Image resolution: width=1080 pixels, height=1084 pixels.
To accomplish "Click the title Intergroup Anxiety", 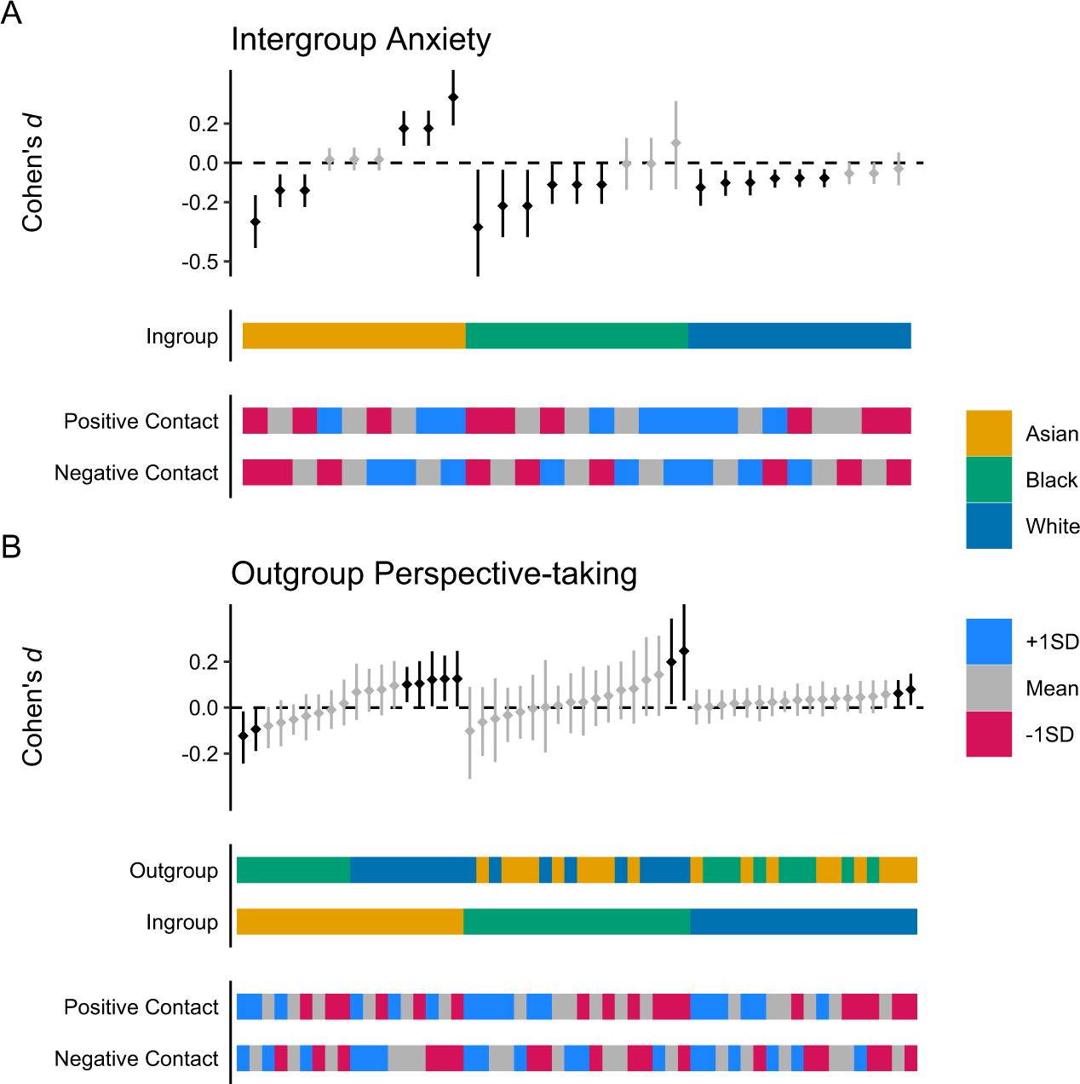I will pyautogui.click(x=360, y=40).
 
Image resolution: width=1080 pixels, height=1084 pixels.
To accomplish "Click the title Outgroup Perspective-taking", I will pyautogui.click(x=434, y=574).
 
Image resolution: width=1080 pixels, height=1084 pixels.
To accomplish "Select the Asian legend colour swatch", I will pyautogui.click(x=988, y=433).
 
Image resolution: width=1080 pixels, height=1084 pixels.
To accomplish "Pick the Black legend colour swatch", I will pyautogui.click(x=988, y=479).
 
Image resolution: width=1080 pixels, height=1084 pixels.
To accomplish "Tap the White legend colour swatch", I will pyautogui.click(x=988, y=525).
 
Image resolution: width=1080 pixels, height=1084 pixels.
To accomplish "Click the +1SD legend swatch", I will pyautogui.click(x=988, y=641).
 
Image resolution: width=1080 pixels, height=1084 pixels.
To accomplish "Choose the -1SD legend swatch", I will pyautogui.click(x=988, y=734).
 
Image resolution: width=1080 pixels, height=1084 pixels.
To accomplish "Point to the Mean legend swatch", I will pyautogui.click(x=988, y=688).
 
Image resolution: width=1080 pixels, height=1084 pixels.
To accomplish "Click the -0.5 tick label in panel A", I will pyautogui.click(x=199, y=262).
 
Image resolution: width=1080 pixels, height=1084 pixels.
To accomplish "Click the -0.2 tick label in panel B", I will pyautogui.click(x=199, y=754).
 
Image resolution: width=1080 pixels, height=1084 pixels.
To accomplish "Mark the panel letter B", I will pyautogui.click(x=11, y=546).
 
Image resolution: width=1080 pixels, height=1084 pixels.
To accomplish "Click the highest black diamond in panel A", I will pyautogui.click(x=453, y=97).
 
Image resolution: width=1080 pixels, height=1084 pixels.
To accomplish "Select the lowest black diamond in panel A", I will pyautogui.click(x=478, y=228).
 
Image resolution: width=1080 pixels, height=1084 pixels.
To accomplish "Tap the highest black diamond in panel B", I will pyautogui.click(x=684, y=651).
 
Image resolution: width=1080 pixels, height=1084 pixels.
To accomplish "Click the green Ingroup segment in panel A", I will pyautogui.click(x=577, y=336).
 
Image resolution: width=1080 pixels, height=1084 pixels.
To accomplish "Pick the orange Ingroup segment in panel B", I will pyautogui.click(x=349, y=921).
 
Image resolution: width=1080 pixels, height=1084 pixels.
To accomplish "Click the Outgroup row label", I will pyautogui.click(x=174, y=870).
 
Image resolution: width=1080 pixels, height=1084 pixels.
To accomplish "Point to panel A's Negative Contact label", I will pyautogui.click(x=136, y=473).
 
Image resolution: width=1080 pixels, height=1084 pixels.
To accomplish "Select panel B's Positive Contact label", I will pyautogui.click(x=141, y=1007).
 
